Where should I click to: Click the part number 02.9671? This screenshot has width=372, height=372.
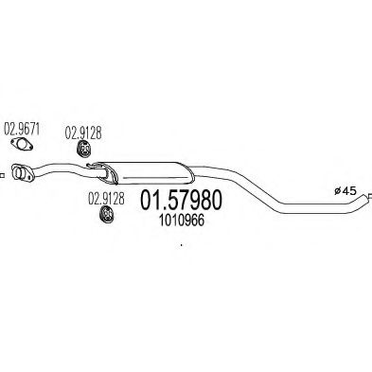tap(21, 129)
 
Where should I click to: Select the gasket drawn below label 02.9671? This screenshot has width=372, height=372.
tap(22, 144)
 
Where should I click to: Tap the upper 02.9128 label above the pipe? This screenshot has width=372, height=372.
tap(83, 133)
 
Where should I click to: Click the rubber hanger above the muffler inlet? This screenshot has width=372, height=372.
tap(83, 149)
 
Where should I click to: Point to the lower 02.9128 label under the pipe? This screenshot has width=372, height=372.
tap(106, 199)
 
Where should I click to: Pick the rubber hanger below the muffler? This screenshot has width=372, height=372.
tap(107, 214)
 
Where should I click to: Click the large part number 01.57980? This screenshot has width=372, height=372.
tap(181, 201)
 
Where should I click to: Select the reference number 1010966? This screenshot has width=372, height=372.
tap(182, 221)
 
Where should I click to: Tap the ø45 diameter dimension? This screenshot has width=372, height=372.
tap(345, 190)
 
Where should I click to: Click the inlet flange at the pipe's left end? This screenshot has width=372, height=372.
tap(22, 172)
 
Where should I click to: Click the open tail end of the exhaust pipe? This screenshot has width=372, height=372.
tap(367, 197)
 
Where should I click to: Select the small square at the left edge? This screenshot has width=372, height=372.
tap(1, 174)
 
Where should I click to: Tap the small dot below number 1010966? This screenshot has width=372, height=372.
tap(181, 244)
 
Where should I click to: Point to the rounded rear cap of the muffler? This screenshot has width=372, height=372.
tap(188, 173)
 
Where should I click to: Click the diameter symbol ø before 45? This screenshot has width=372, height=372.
tap(337, 190)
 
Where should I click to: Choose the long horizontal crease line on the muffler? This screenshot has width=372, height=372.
tap(154, 177)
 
